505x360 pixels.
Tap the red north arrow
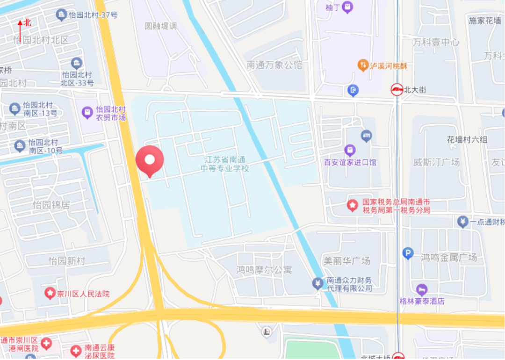point(20,30)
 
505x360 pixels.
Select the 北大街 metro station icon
point(397,89)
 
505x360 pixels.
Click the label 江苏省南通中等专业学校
point(225,164)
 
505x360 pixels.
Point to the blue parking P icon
point(408,253)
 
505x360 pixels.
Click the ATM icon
point(367,136)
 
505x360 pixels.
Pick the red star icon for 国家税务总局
point(352,205)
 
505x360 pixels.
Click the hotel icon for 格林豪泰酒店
point(422,289)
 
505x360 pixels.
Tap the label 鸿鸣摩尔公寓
point(264,270)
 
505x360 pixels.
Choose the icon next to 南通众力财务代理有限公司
point(318,283)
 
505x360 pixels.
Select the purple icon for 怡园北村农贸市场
point(87,112)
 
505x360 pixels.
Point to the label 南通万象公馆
point(274,65)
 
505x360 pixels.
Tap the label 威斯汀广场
point(436,162)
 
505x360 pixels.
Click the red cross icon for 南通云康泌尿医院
point(76,350)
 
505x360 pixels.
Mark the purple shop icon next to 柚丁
point(347,7)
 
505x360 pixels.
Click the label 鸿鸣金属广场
point(448,257)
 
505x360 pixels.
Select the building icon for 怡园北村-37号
point(61,15)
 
